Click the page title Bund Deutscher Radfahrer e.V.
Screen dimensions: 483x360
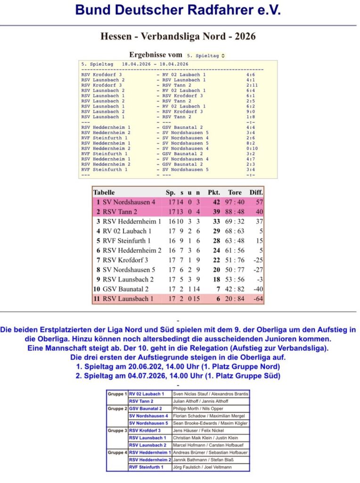(x=178, y=10)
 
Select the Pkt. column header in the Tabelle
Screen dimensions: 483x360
(x=214, y=192)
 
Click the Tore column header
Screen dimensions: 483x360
(x=235, y=192)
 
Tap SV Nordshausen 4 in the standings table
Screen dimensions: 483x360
(x=129, y=202)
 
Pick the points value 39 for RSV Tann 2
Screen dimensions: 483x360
(x=216, y=212)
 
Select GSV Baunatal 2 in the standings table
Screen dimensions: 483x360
(x=126, y=289)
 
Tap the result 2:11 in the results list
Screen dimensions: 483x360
(x=251, y=85)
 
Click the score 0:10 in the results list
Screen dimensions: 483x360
(x=251, y=148)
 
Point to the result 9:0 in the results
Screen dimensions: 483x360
(x=249, y=112)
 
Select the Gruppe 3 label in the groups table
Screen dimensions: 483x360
(x=117, y=431)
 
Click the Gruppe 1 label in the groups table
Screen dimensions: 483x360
(x=117, y=393)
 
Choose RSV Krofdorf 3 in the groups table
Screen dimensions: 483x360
(x=145, y=431)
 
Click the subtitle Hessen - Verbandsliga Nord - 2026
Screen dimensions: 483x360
(x=178, y=36)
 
